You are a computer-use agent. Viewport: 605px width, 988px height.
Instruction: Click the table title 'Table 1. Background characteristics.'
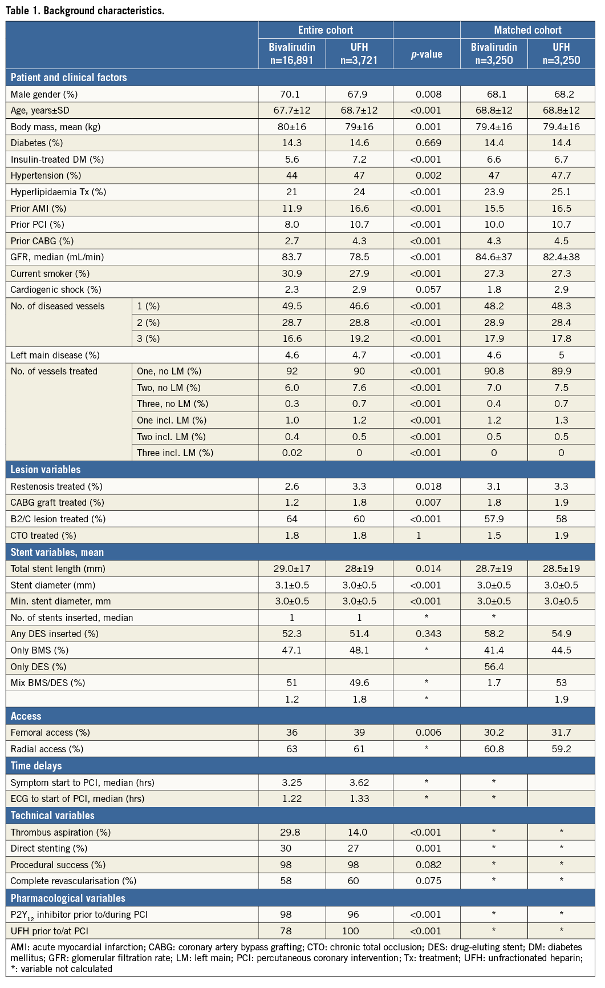(x=85, y=11)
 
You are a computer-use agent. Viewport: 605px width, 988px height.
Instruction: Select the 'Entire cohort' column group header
(x=325, y=30)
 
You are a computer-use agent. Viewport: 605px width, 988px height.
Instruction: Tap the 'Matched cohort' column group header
(x=527, y=30)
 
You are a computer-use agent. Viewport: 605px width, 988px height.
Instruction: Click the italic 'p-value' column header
(x=427, y=54)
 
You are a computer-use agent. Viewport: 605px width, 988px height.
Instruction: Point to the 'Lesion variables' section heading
(x=46, y=470)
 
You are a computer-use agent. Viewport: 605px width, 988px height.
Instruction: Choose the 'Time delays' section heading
(x=36, y=766)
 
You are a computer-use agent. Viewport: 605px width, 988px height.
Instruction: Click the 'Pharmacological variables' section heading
(x=68, y=898)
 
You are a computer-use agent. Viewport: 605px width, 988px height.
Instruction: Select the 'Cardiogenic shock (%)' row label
(x=56, y=289)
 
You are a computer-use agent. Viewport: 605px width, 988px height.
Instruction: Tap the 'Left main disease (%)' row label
(x=55, y=355)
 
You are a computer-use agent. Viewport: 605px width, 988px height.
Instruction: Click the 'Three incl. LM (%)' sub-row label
(x=175, y=453)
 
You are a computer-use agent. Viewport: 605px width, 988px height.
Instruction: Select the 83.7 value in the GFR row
(x=292, y=257)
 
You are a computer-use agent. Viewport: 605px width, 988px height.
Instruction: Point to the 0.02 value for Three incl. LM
(x=292, y=453)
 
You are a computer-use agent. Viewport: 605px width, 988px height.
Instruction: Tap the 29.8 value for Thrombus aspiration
(x=292, y=832)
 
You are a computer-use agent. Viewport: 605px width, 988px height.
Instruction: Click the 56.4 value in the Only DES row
(x=494, y=667)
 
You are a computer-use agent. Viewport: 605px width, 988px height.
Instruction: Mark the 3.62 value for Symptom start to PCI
(x=359, y=783)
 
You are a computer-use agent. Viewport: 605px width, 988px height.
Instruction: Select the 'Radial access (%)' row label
(x=47, y=749)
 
